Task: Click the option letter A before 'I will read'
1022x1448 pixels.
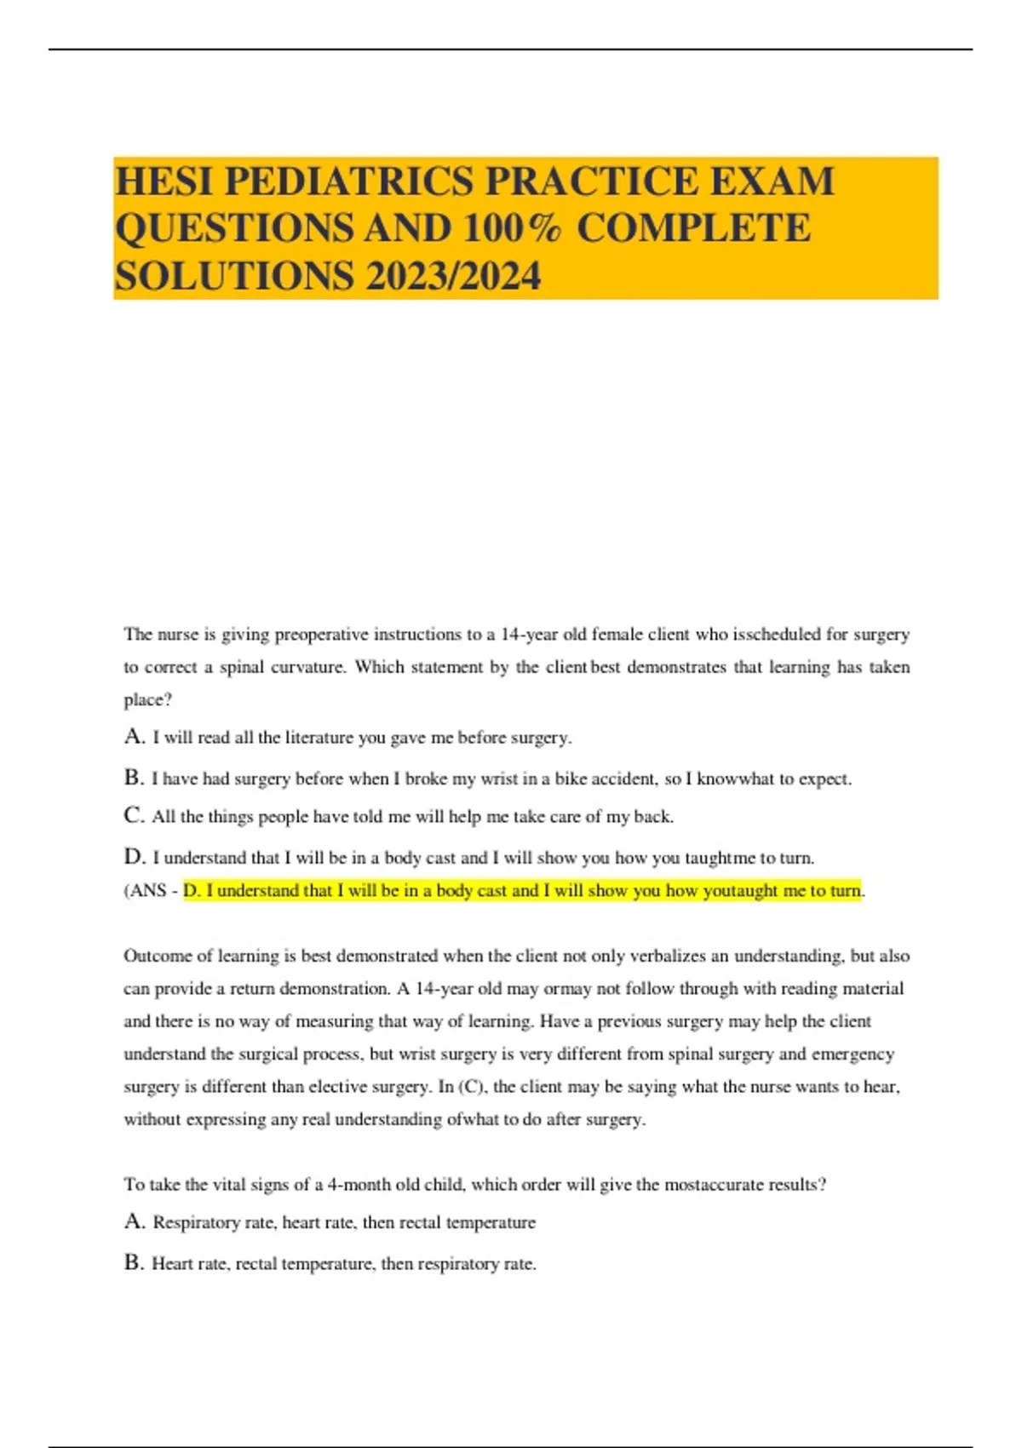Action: coord(134,737)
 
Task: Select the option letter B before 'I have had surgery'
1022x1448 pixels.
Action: coord(133,778)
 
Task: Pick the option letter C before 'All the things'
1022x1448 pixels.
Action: coord(134,816)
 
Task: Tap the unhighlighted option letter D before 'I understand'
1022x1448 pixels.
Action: coord(134,857)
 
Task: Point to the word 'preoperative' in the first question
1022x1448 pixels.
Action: coord(321,635)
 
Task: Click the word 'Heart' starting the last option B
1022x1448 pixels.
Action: coord(172,1264)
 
